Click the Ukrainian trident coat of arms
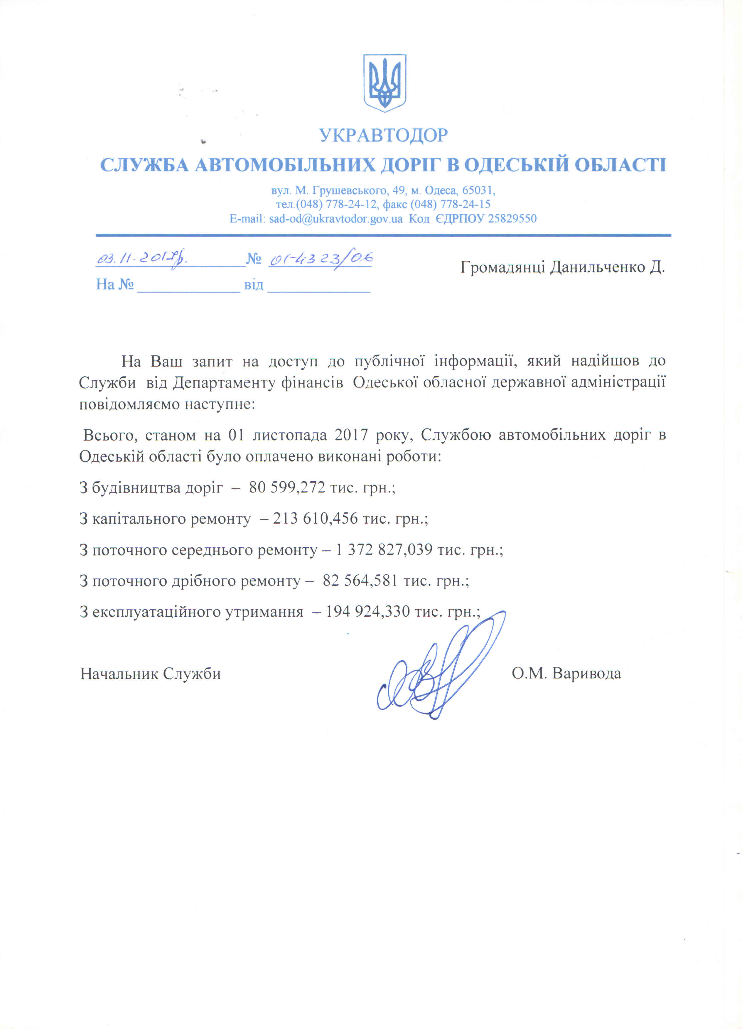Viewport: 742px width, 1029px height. coord(385,83)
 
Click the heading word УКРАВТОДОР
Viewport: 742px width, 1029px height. coord(384,135)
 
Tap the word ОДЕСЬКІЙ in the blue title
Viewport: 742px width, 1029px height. coord(515,165)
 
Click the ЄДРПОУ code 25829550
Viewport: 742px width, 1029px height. coord(512,219)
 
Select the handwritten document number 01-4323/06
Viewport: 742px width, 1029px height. coord(321,259)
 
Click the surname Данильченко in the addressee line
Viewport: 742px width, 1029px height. coord(597,267)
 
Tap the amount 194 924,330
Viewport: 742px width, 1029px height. coord(367,612)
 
